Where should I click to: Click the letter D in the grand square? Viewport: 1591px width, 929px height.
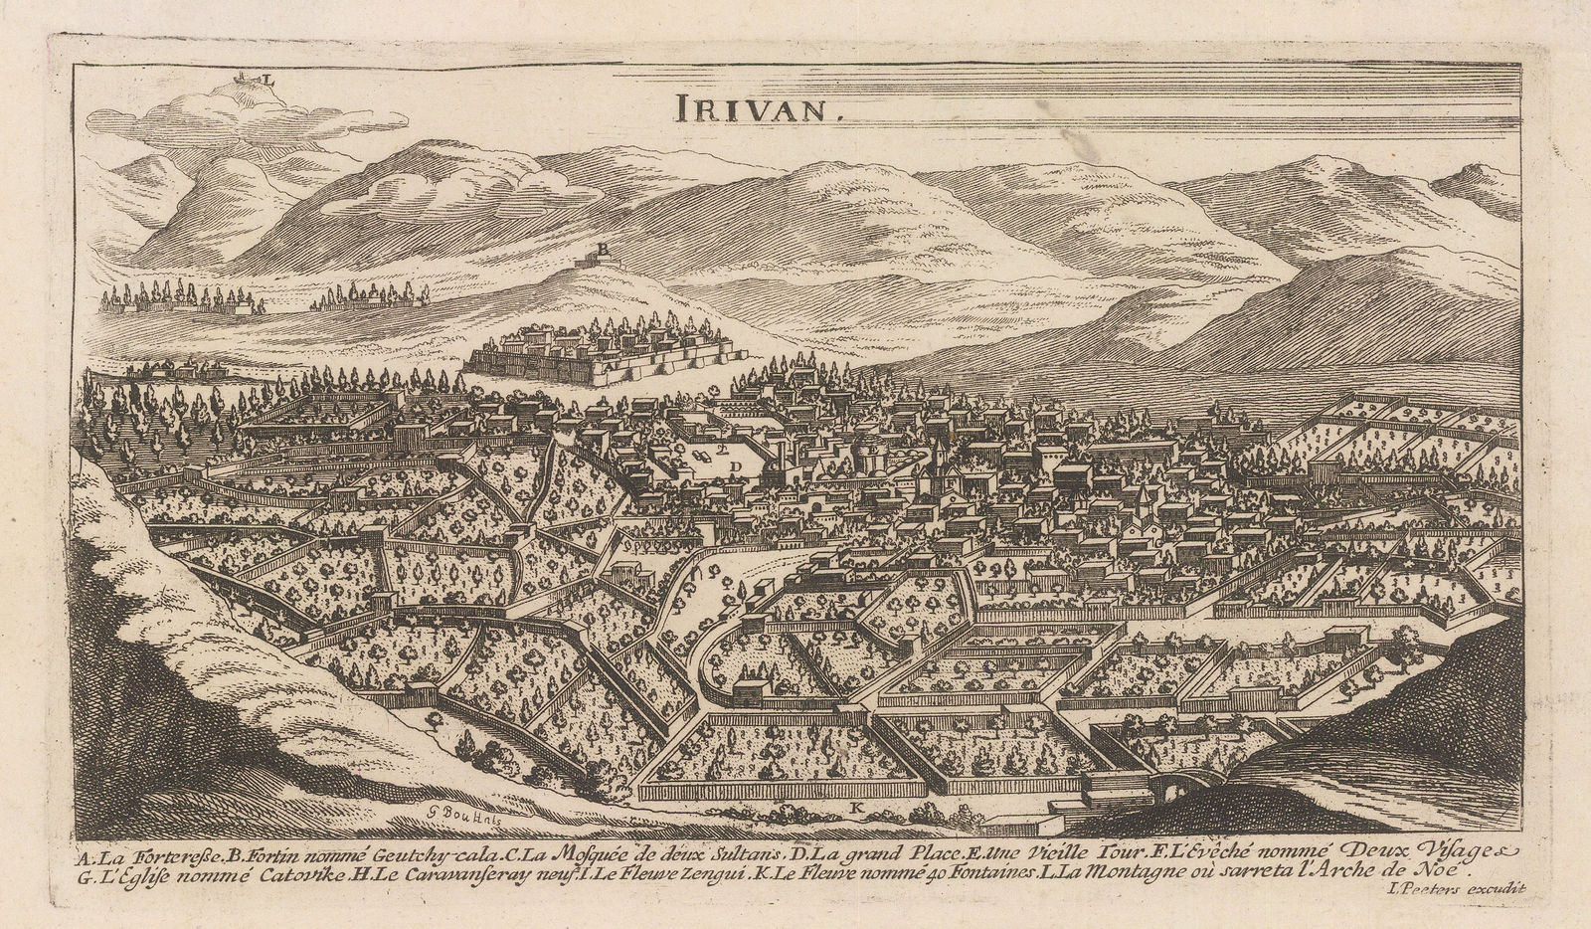(736, 464)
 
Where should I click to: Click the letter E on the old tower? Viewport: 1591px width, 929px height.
(870, 450)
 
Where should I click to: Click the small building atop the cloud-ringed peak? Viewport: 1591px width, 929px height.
(242, 78)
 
